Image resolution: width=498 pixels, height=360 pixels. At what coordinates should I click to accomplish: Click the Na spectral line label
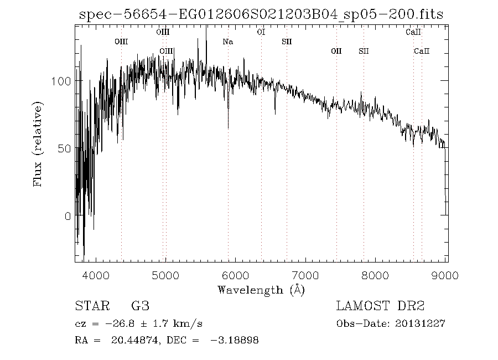pos(227,42)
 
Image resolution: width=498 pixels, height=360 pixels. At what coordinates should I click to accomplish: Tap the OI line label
pos(261,32)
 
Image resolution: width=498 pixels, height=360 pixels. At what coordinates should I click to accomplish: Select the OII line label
pos(336,51)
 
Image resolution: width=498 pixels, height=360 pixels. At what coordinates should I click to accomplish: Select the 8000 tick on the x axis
pos(377,275)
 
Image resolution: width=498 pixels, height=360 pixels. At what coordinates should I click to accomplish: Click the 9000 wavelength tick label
pos(446,275)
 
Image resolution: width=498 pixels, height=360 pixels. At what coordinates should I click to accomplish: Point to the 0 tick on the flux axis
pos(67,217)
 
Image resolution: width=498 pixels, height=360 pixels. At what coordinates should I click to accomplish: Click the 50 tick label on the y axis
pos(64,149)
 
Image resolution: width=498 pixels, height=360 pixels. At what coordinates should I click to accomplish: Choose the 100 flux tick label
pos(60,81)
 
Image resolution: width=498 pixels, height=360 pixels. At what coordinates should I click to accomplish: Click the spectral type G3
pos(140,306)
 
